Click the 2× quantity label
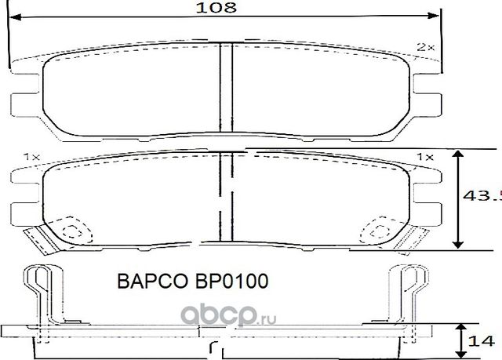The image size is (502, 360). point(426,48)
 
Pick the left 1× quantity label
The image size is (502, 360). point(31,158)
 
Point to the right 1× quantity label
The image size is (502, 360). point(424,158)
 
